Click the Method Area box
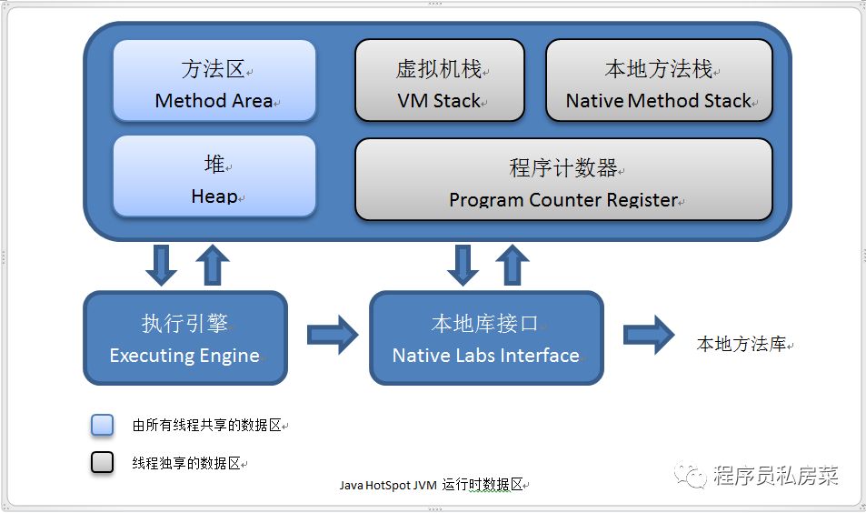point(214,81)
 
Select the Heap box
point(214,177)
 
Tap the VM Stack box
point(439,81)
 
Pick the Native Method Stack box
point(659,81)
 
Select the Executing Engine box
point(185,337)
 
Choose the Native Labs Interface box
point(486,337)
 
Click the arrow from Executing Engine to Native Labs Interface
point(333,335)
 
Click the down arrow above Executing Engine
point(162,264)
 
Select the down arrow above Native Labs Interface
point(463,264)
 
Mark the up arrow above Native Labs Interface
point(513,264)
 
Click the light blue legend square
point(103,425)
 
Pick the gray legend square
point(103,462)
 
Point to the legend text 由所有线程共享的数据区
point(207,425)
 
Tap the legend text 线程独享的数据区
point(186,463)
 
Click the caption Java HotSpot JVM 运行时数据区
point(432,485)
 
